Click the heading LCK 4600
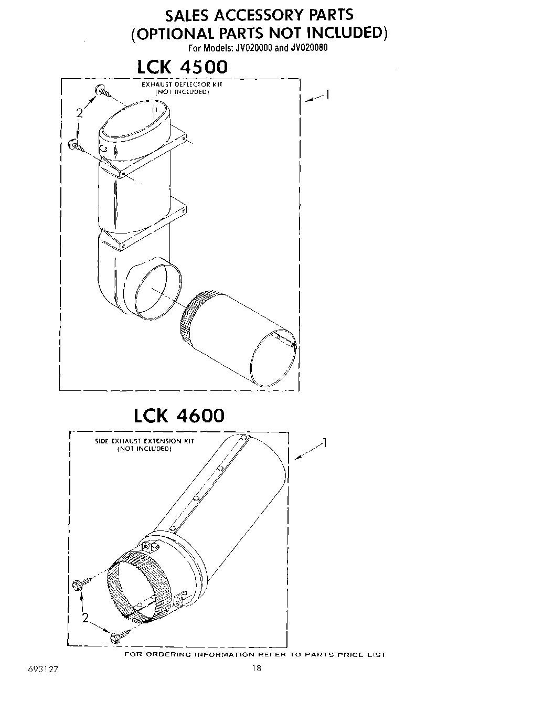[178, 416]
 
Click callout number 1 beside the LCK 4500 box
[327, 94]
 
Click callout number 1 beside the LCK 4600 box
[325, 443]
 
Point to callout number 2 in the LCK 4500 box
[79, 113]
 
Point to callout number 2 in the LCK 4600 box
[85, 618]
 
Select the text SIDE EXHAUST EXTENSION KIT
[144, 441]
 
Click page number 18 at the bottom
[256, 668]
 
